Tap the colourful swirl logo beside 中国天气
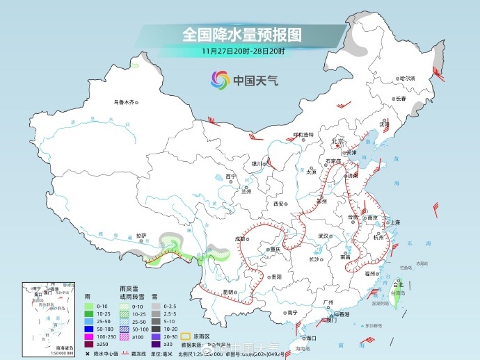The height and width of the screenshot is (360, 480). [x=221, y=81]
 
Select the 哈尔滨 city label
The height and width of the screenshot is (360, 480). [x=406, y=78]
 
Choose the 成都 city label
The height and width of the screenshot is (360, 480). [x=240, y=239]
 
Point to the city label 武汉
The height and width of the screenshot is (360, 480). [x=322, y=236]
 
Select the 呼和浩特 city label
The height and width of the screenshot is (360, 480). [x=303, y=133]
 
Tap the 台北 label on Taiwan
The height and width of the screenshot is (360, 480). [x=399, y=284]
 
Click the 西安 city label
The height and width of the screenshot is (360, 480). [x=279, y=204]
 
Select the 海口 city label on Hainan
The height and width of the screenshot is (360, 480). [x=311, y=338]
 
